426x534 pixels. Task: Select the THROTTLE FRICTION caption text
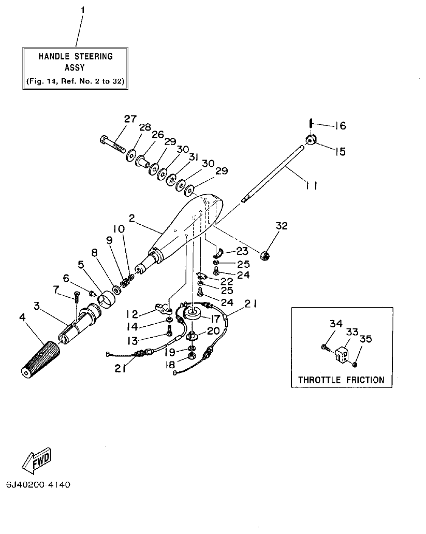click(341, 380)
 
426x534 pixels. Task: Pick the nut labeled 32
click(264, 254)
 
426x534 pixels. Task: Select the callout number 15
click(340, 152)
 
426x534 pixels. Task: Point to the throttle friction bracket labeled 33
click(342, 353)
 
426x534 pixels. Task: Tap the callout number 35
click(366, 340)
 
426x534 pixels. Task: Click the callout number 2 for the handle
click(132, 219)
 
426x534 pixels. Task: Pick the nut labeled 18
click(190, 357)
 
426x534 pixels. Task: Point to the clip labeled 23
click(218, 254)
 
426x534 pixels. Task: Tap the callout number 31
click(194, 158)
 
